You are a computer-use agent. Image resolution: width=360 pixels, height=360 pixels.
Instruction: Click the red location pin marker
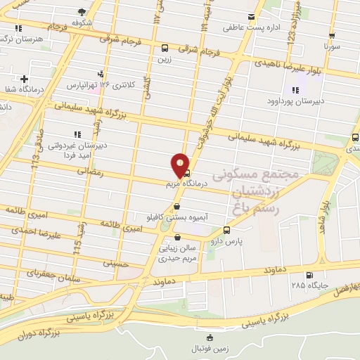[x=181, y=165]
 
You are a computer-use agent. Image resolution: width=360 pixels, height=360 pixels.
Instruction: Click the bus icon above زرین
[x=165, y=49]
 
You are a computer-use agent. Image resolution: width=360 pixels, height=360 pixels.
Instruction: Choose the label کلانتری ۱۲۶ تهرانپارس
[x=101, y=85]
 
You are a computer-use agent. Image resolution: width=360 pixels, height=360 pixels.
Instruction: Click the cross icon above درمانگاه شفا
[x=25, y=79]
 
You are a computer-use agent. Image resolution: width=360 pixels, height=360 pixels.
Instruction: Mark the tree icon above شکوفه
[x=82, y=11]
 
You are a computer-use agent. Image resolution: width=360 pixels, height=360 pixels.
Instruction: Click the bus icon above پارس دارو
[x=226, y=230]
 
